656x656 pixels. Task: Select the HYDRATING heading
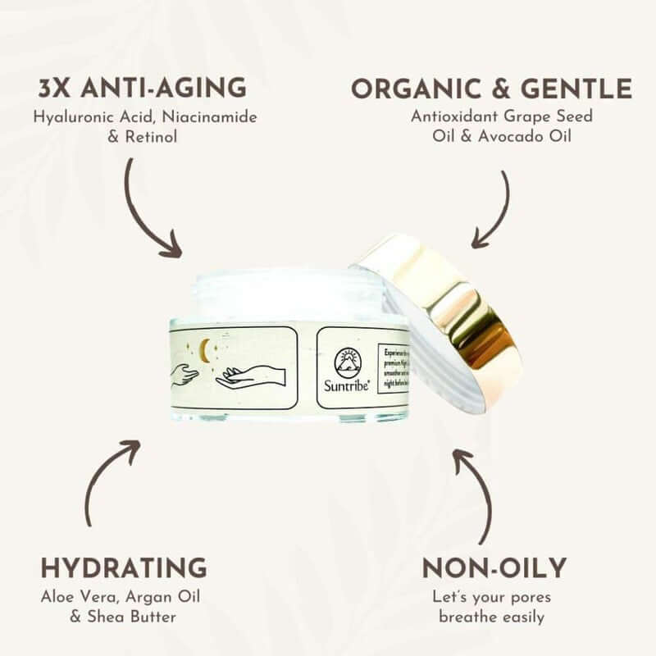pyautogui.click(x=123, y=567)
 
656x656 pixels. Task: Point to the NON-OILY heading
pyautogui.click(x=494, y=567)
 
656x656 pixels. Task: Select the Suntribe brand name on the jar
pyautogui.click(x=347, y=389)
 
